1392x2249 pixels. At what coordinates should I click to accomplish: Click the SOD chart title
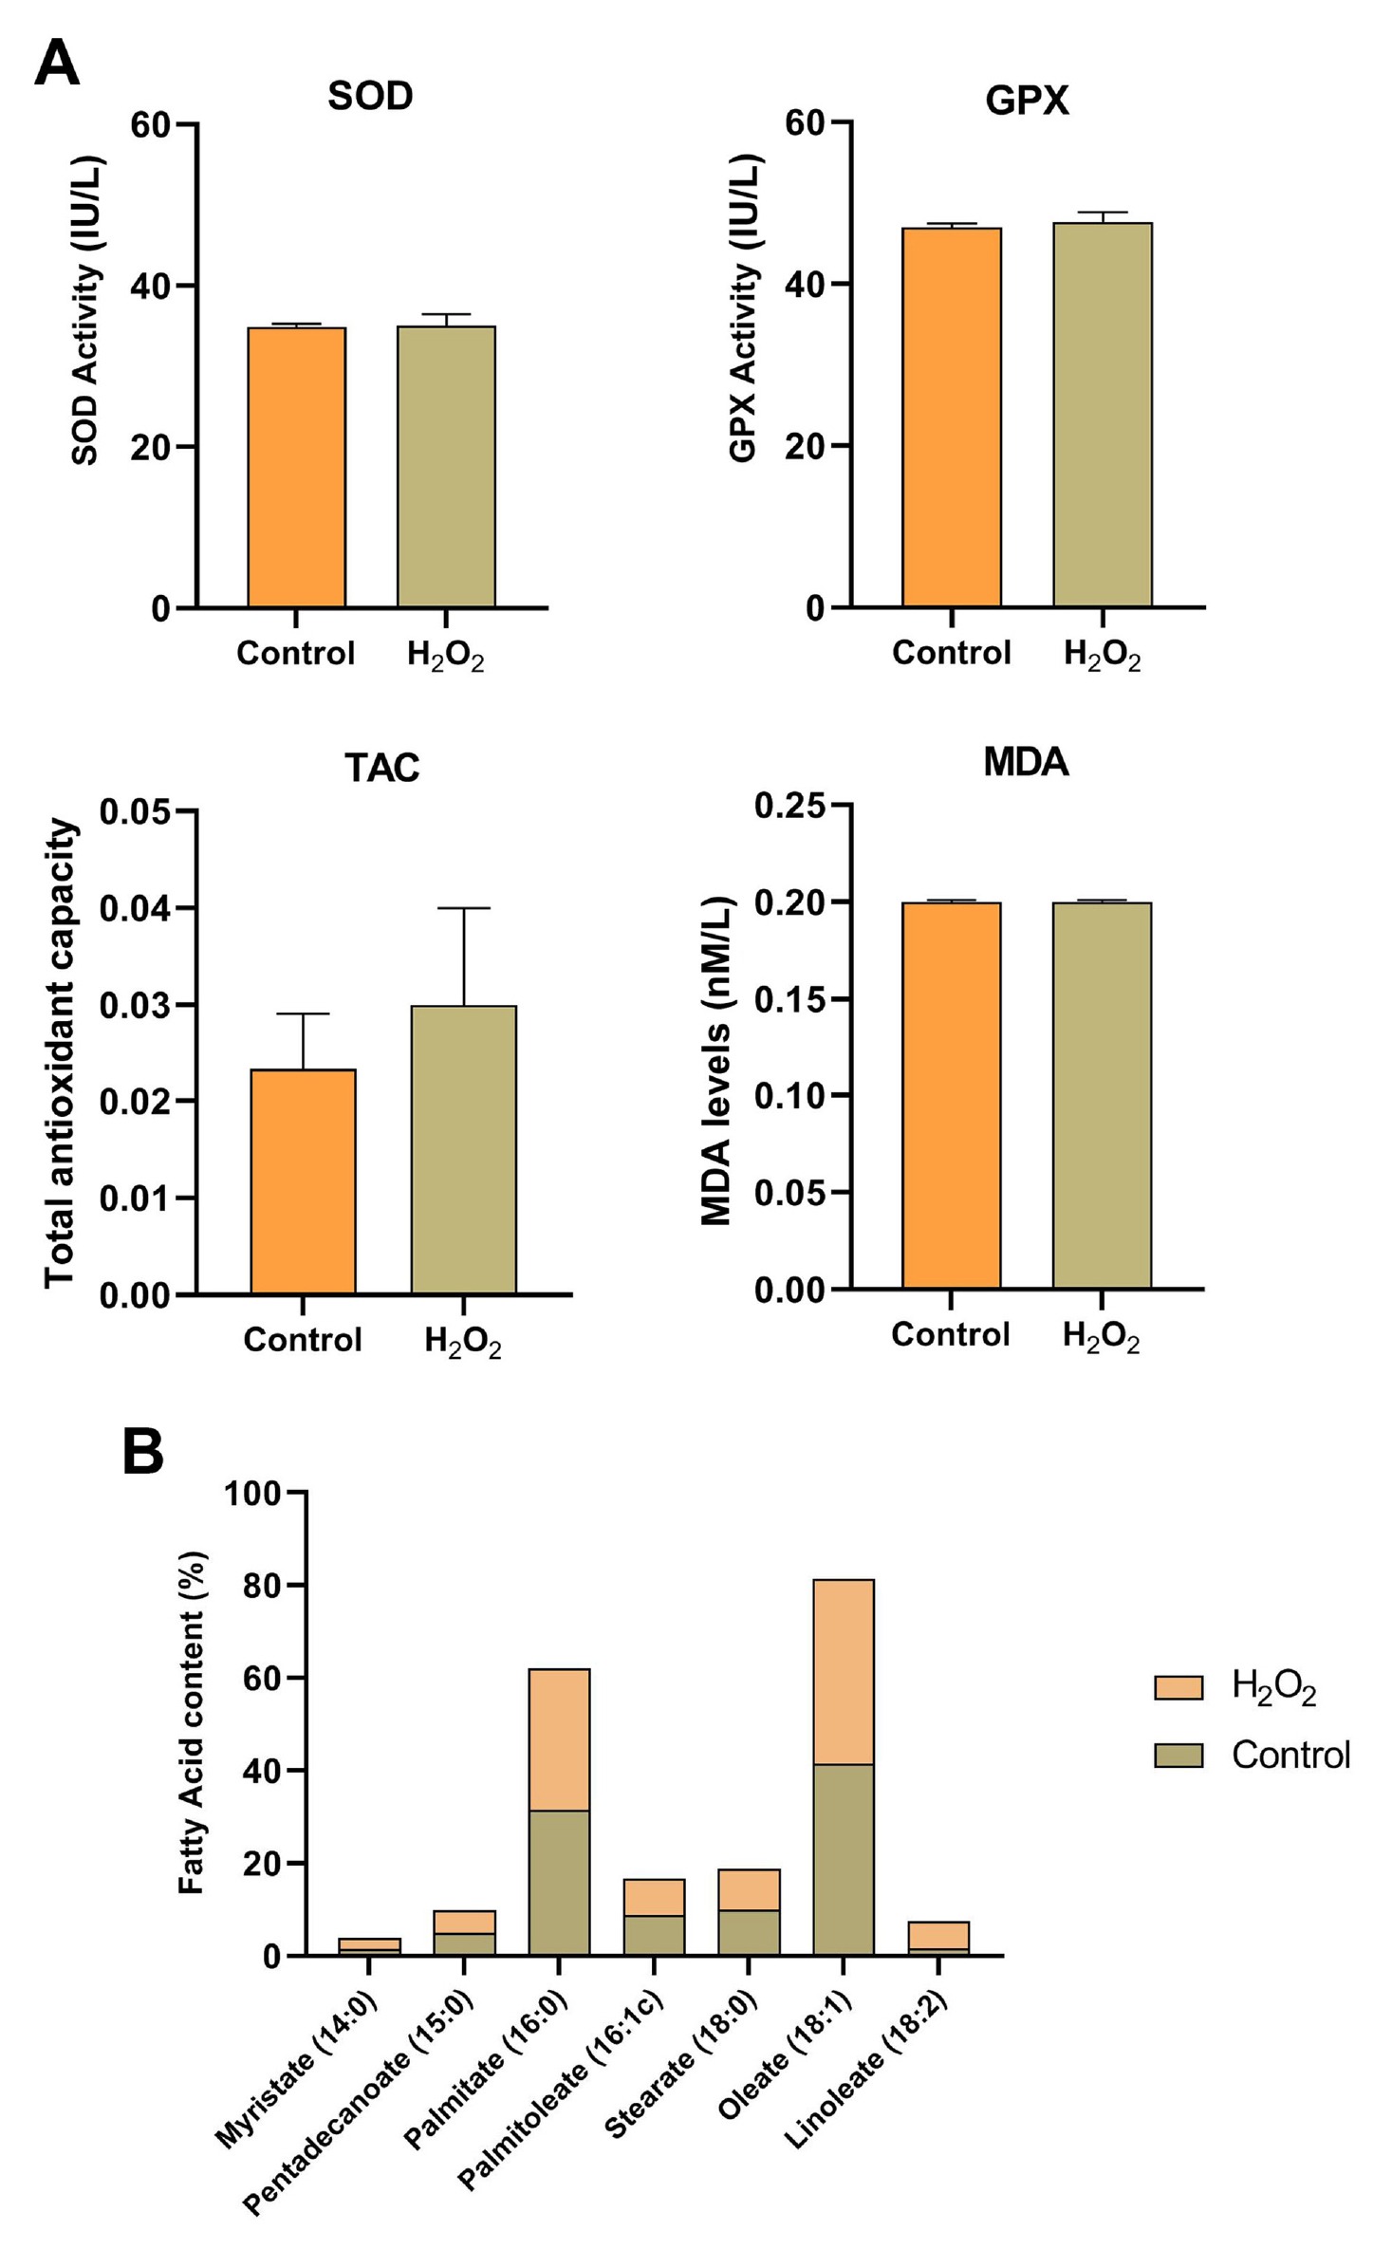(x=370, y=96)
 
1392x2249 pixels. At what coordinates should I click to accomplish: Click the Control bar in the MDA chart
(x=951, y=1095)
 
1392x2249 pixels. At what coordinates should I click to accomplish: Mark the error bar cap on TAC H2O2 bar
(x=463, y=908)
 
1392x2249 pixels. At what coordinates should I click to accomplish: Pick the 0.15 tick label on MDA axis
(x=789, y=998)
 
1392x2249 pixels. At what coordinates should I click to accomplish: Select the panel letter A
(x=57, y=65)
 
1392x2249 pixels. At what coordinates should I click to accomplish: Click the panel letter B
(x=143, y=1452)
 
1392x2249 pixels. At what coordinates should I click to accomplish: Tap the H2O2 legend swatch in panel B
(x=1178, y=1686)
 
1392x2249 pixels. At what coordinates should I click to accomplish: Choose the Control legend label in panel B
(x=1290, y=1755)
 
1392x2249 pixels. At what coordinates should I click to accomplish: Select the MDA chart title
(x=1026, y=762)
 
